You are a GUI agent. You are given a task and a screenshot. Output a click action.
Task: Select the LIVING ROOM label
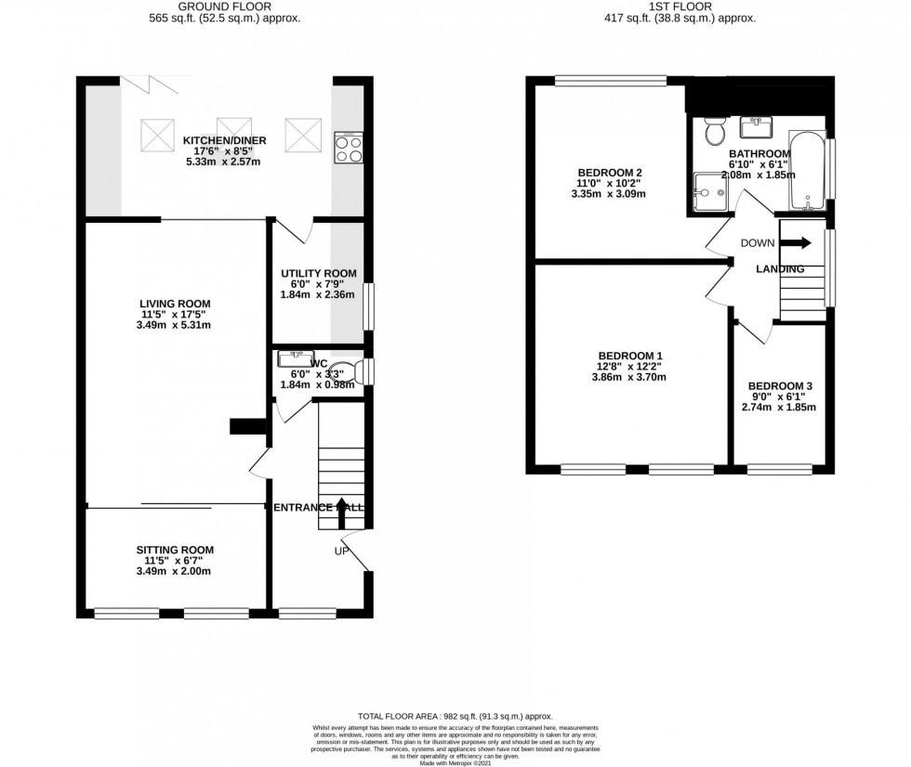tap(175, 304)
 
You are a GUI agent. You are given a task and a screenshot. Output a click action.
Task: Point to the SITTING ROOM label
tap(175, 550)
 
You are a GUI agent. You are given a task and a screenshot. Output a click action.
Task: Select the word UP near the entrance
tap(342, 552)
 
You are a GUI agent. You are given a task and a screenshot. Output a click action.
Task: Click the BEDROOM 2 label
tap(610, 173)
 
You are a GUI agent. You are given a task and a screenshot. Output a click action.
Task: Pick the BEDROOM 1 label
tap(630, 356)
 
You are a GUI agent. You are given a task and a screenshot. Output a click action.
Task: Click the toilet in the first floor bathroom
tap(715, 132)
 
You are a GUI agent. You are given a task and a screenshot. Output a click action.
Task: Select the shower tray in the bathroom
tap(712, 192)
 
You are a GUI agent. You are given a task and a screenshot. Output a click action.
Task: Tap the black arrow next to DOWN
tap(795, 242)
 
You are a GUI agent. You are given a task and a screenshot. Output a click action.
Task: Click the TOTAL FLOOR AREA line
tap(455, 716)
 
